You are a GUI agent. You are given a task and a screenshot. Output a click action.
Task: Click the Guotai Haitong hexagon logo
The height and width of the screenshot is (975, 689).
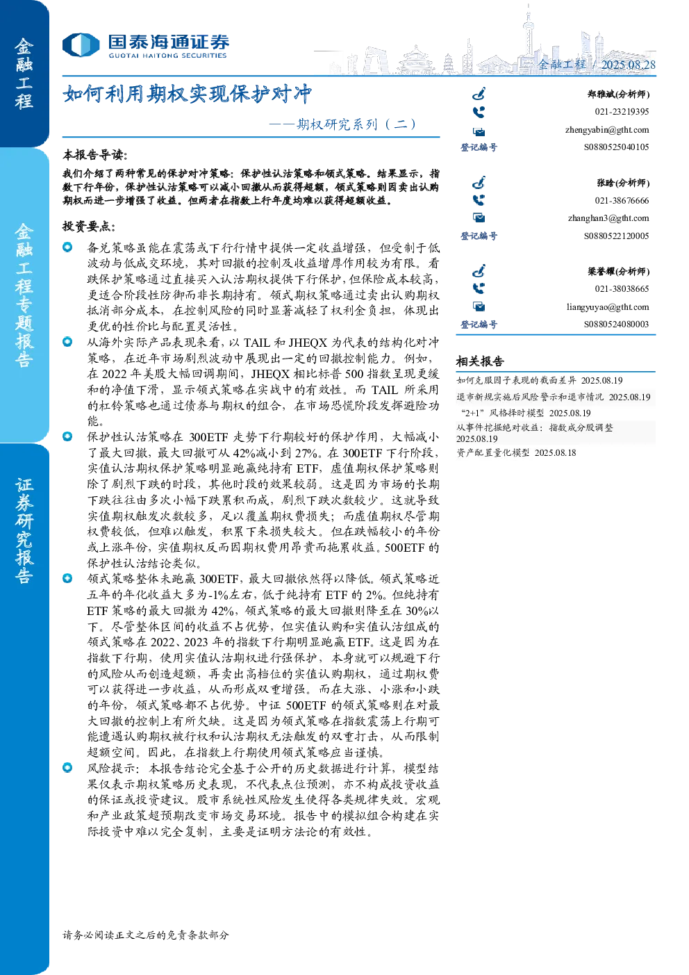81,44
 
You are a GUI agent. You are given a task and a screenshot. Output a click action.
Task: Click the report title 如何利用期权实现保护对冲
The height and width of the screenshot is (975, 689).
187,94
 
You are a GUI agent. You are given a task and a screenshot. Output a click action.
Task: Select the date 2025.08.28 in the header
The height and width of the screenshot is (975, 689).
628,65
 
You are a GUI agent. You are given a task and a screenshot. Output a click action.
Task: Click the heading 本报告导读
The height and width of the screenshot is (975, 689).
95,154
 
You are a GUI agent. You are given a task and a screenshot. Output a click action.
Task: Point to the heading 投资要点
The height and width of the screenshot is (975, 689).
89,227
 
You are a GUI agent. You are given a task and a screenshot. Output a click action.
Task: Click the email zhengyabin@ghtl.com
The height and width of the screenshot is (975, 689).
607,130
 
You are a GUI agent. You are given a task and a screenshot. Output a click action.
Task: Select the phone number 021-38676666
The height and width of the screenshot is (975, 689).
622,200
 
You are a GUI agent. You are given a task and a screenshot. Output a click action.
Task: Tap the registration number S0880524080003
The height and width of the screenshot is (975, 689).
616,324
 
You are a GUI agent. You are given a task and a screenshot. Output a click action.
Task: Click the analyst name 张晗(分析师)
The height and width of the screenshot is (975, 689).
623,183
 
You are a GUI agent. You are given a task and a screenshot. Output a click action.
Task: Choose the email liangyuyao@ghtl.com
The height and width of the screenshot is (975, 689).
607,307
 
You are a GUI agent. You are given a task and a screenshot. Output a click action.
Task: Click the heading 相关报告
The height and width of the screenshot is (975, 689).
480,361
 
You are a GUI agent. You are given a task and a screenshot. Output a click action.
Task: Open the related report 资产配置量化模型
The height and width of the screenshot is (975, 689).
493,452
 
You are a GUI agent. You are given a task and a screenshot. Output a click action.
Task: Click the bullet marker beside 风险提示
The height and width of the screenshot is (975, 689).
67,767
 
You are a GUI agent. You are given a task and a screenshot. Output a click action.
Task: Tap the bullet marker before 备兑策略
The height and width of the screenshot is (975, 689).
67,247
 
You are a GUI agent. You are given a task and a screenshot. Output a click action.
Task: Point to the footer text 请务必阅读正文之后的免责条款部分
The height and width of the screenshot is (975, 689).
146,935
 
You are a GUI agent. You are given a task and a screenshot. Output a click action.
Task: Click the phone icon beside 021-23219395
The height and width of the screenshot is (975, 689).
479,113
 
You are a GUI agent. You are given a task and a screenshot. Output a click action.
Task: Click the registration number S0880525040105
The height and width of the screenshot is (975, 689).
616,147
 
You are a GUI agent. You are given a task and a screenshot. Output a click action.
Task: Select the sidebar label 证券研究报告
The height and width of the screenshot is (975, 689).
24,530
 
